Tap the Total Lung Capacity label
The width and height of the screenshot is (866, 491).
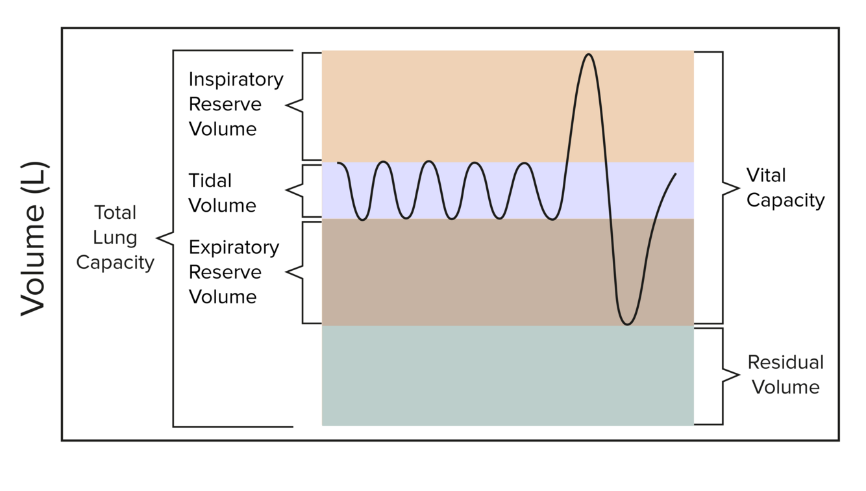point(116,238)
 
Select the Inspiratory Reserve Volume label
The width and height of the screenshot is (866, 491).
point(236,104)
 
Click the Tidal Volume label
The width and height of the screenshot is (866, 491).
point(222,193)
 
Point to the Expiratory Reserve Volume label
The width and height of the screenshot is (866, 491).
point(234,272)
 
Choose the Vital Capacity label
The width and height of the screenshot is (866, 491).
point(785,188)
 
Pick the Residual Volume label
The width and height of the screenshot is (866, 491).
point(786,375)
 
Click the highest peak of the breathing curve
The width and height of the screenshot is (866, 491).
point(589,54)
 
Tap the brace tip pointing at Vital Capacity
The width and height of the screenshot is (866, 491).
point(739,188)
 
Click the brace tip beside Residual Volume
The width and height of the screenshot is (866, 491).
point(739,375)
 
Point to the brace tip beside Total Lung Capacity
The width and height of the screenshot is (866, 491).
point(158,238)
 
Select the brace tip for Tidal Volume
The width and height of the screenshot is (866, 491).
point(287,190)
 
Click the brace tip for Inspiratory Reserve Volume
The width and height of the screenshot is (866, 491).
point(287,105)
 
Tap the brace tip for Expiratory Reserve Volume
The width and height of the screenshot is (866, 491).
point(287,273)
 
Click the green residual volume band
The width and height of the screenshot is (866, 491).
point(507,375)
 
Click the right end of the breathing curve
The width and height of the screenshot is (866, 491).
point(676,174)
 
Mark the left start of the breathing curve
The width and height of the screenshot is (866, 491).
point(338,163)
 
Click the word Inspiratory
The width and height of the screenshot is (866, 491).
point(236,79)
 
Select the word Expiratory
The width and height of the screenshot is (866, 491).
point(234,247)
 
